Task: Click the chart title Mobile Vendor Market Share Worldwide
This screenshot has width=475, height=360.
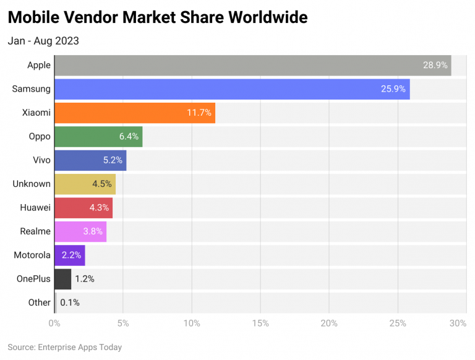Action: click(x=158, y=17)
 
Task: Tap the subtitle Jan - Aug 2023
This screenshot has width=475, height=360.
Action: click(x=43, y=41)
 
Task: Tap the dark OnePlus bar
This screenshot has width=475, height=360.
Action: click(x=62, y=279)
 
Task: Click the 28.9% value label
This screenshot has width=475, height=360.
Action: click(x=435, y=65)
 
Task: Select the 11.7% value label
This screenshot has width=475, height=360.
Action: click(x=199, y=113)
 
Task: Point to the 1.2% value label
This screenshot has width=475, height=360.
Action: click(x=85, y=279)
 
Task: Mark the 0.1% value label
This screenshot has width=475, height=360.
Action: click(x=70, y=302)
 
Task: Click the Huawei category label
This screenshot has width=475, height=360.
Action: click(x=35, y=208)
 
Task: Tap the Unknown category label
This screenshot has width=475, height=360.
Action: click(x=32, y=184)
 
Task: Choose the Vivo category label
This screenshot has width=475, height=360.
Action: click(x=40, y=160)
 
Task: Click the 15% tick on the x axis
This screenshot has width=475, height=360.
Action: click(x=260, y=323)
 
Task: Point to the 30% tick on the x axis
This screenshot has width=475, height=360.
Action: click(x=458, y=323)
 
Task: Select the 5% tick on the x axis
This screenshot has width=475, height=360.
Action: click(x=122, y=323)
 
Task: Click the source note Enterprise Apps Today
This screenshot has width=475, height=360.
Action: click(x=65, y=347)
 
